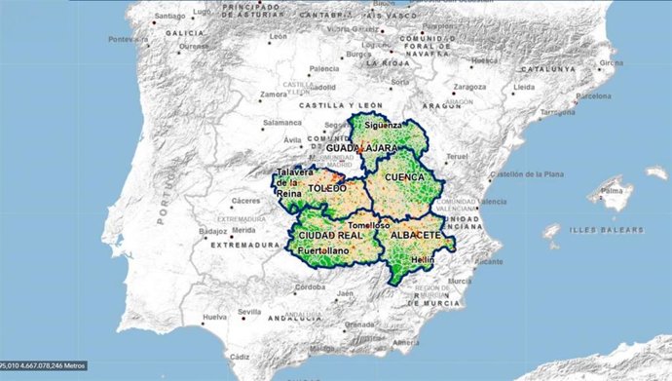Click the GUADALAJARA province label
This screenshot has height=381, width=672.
369,148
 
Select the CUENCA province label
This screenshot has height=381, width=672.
405,178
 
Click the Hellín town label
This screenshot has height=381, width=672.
422,260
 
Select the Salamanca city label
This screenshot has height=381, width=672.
281,123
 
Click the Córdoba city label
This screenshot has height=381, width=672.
311,287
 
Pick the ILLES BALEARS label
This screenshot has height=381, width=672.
607,230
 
